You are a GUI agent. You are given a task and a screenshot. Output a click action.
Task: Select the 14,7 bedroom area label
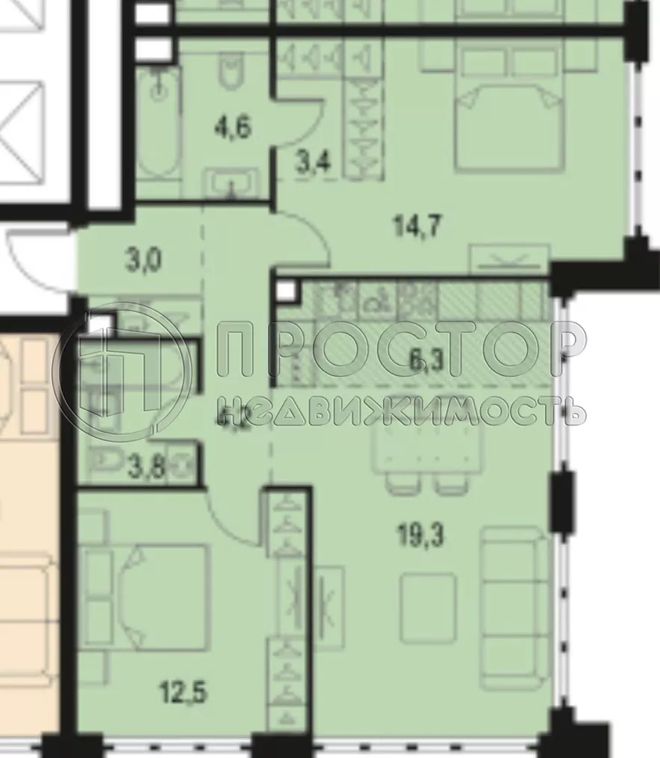[x=415, y=224]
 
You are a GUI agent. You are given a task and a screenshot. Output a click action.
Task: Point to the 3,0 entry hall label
[x=144, y=263]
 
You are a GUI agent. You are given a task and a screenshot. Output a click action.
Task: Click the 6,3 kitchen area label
[x=426, y=365]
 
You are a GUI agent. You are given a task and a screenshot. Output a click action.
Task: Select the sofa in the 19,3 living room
[x=511, y=607]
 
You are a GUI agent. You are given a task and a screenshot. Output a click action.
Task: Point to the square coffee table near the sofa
[x=427, y=607]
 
